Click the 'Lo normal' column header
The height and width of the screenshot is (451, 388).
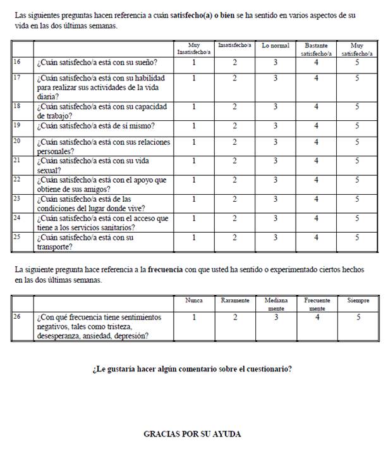coord(276,46)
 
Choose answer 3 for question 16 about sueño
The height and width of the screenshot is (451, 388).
coord(276,63)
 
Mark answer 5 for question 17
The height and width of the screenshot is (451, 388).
coord(357,78)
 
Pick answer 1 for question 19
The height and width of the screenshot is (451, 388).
coord(194,125)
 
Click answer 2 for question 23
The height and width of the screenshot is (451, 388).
coord(234,199)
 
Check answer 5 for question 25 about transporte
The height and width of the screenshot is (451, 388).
coord(357,237)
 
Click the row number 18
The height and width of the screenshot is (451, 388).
coord(17,107)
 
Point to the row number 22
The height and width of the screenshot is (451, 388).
coord(17,180)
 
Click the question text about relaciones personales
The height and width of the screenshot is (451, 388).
coord(103,147)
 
